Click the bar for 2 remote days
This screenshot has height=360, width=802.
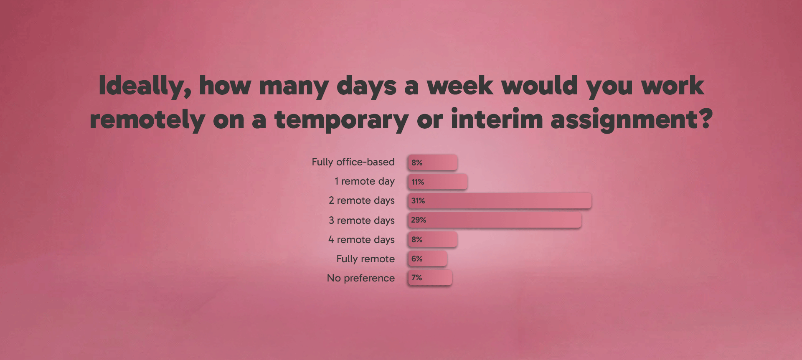[500, 200]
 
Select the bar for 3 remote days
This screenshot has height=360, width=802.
[495, 220]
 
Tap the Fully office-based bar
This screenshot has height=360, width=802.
[433, 162]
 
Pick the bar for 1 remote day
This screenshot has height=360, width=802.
[438, 182]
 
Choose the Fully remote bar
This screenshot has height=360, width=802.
[428, 259]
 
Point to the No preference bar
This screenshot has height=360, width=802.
[430, 278]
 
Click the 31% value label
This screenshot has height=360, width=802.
[418, 201]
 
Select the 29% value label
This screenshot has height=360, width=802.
[419, 220]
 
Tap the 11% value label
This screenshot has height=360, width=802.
[418, 182]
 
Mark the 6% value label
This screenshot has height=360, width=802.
[417, 259]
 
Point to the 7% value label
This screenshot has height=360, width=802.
[417, 278]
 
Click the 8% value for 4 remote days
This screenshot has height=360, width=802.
[417, 239]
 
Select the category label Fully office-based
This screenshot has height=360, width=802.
[353, 162]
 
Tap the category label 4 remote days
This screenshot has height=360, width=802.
[361, 240]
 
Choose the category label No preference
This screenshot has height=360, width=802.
[361, 278]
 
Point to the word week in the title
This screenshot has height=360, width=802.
[460, 86]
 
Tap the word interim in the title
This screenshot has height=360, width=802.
[497, 119]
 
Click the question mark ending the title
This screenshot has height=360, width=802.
[706, 119]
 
